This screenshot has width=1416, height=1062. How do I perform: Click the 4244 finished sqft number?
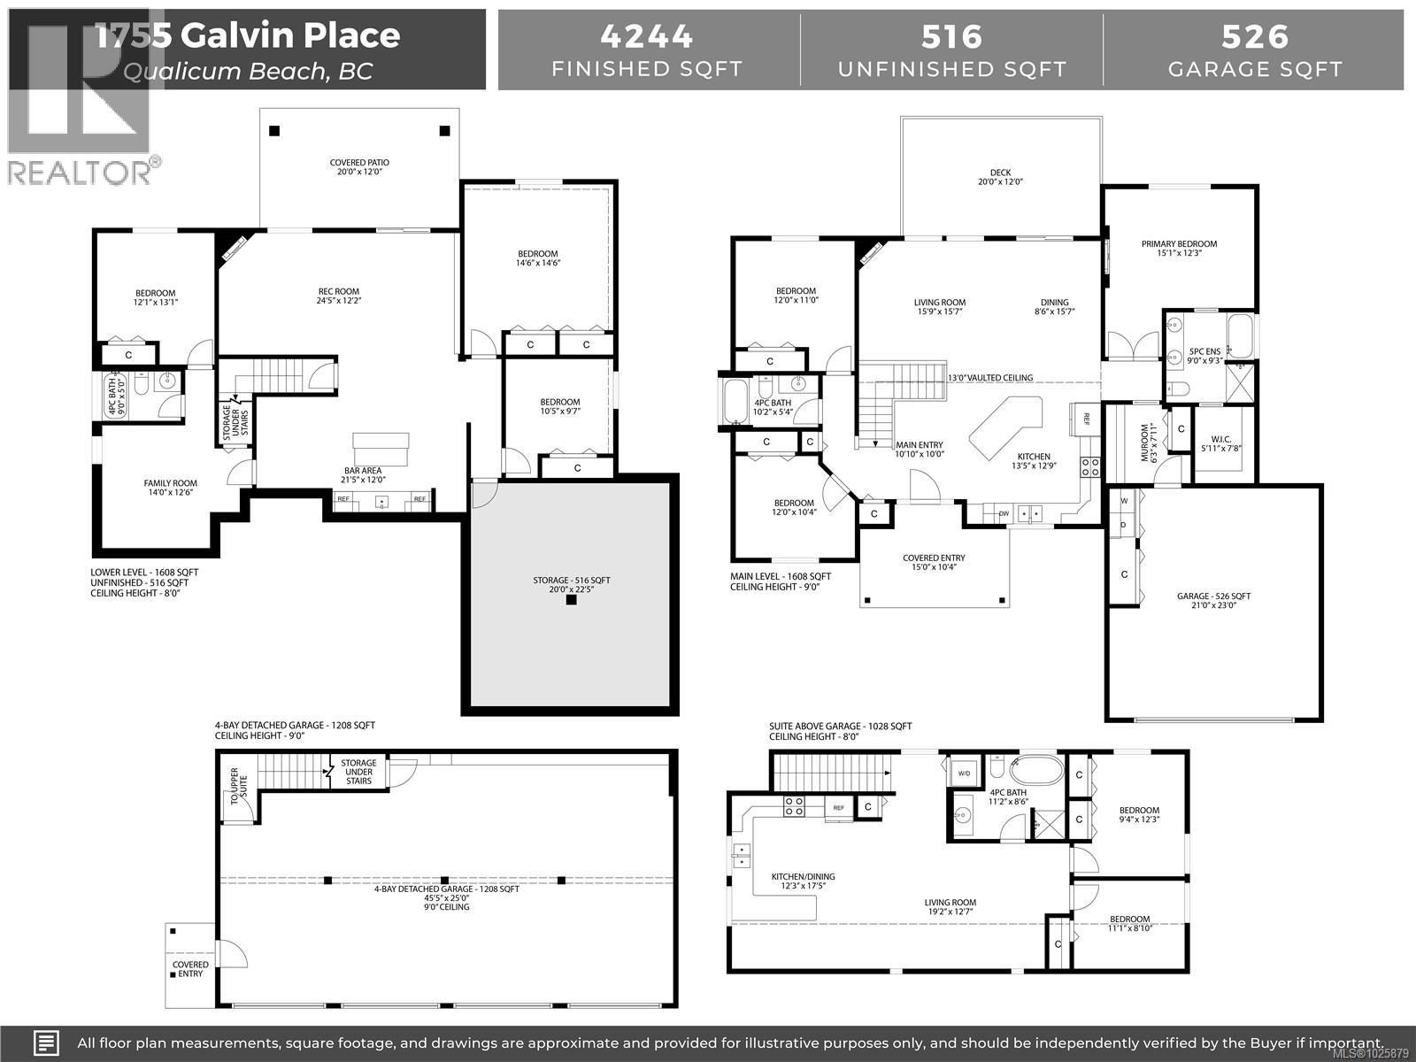coord(647,36)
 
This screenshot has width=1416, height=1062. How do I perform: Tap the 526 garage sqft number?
coord(1254,36)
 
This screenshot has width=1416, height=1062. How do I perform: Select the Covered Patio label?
coord(359,163)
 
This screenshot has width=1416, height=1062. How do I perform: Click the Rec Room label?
coord(339,291)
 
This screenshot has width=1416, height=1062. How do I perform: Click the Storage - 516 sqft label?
coord(571,581)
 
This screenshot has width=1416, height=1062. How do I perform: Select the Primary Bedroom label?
coord(1179,244)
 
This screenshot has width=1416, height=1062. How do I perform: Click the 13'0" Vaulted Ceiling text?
coord(989,378)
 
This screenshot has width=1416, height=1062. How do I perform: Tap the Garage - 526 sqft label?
coord(1213,596)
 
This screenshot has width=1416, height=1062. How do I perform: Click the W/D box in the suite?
coord(964,773)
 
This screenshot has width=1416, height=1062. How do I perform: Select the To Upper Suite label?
coord(235,786)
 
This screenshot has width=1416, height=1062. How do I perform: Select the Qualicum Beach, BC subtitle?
coord(248,71)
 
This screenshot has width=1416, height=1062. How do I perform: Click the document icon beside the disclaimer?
coord(47,1042)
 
